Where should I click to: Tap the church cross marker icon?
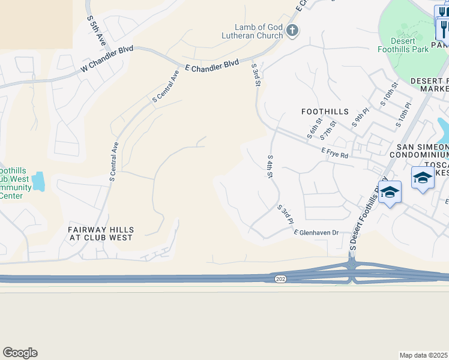click(x=292, y=31)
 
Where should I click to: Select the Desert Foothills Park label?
click(x=403, y=44)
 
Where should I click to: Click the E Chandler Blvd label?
click(x=211, y=65)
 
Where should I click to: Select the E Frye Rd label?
click(x=334, y=154)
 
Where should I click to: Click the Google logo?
click(x=20, y=353)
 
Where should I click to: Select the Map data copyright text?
click(x=424, y=355)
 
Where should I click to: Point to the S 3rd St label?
click(x=256, y=75)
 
